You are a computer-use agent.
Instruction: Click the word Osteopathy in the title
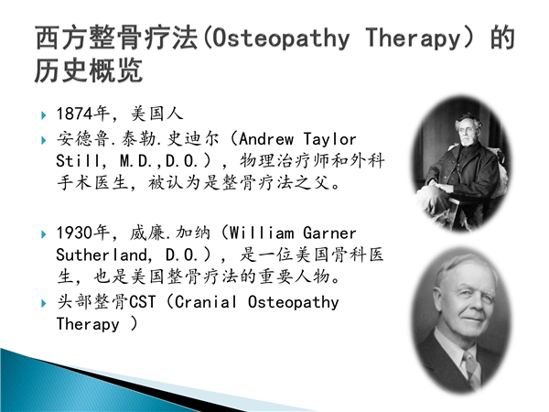coord(281,38)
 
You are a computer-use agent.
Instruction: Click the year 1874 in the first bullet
coord(75,114)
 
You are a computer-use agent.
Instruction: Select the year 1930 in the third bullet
coord(75,233)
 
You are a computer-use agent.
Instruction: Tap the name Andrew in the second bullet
coord(266,139)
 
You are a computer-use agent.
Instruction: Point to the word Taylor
coord(329,140)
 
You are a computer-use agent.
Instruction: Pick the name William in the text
coord(262,233)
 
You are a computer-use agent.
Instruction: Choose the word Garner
coord(329,233)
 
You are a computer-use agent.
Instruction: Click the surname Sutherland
coord(102,255)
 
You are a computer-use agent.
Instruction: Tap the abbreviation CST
coord(142,302)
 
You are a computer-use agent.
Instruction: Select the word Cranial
coord(206,302)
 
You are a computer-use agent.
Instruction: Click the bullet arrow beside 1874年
coord(44,115)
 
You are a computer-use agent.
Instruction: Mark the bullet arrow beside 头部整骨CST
coord(44,303)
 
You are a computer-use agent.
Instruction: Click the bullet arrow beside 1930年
coord(44,234)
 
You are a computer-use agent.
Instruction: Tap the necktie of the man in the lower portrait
coord(472,368)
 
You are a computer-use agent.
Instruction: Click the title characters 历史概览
coord(89,70)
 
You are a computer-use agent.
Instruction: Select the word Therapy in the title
coord(413,38)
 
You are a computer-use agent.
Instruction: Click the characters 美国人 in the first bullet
coord(157,114)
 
